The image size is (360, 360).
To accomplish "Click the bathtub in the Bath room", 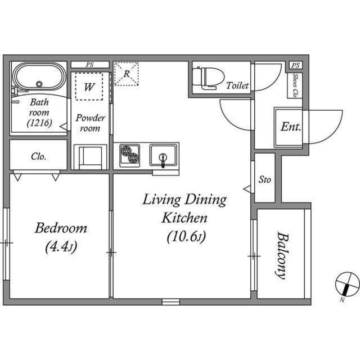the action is [x=39, y=76].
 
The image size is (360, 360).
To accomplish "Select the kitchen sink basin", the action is [x=163, y=155].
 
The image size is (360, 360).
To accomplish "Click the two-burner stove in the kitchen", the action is [x=130, y=155].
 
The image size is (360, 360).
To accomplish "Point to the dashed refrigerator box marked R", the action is [x=127, y=74].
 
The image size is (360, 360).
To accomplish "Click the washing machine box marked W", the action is [x=89, y=87].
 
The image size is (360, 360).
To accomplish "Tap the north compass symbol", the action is [x=347, y=283].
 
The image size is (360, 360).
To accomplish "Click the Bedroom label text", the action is [x=61, y=228].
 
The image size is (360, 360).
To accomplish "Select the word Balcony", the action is [x=282, y=255].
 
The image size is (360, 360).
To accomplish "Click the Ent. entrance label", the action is [x=291, y=127].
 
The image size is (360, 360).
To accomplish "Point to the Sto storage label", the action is [x=265, y=179].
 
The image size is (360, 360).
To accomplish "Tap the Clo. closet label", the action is [x=39, y=156].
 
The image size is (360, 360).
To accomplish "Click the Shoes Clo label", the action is [x=295, y=85].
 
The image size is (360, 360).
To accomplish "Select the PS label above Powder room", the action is [x=90, y=65].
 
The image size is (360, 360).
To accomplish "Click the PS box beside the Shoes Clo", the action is [x=295, y=65].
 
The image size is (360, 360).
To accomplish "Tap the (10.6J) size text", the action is [x=186, y=236].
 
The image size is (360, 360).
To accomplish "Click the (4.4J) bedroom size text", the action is [x=61, y=247].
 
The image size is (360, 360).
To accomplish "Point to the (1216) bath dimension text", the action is [x=39, y=123].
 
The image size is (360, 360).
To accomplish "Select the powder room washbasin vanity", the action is [x=90, y=157].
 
